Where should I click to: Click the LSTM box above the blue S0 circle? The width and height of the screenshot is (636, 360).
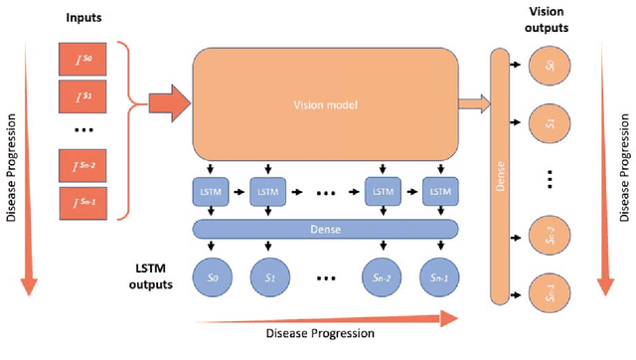(216, 190)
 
